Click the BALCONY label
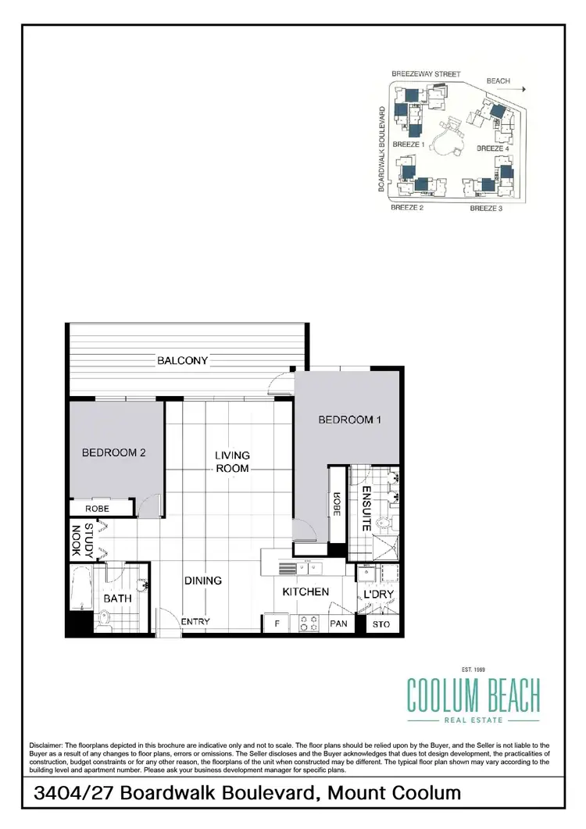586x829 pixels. pos(182,360)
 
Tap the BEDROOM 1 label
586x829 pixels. pos(349,420)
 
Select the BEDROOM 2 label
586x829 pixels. pos(114,452)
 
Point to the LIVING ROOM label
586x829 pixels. pos(233,462)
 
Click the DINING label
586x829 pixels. pos(203,581)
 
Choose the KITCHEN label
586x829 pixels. pos(306,592)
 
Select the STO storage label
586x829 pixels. pos(381,624)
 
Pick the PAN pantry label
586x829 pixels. pos(338,624)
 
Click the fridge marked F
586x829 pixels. pos(276,624)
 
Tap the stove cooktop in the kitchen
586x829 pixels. pos(308,624)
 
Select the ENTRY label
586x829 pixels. pos(195,622)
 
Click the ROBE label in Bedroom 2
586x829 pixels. pos(97,509)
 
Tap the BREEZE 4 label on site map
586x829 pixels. pos(493,148)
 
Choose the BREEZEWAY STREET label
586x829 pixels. pos(425,74)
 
